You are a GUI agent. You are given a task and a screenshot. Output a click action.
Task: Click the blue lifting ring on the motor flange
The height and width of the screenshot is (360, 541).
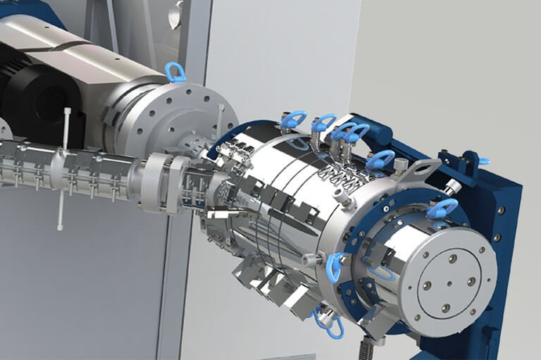(175, 72)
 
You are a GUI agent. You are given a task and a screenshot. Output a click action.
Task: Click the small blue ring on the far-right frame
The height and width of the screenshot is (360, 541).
(484, 161)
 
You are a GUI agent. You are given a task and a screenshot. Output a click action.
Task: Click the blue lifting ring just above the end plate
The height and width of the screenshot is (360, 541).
(442, 208)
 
